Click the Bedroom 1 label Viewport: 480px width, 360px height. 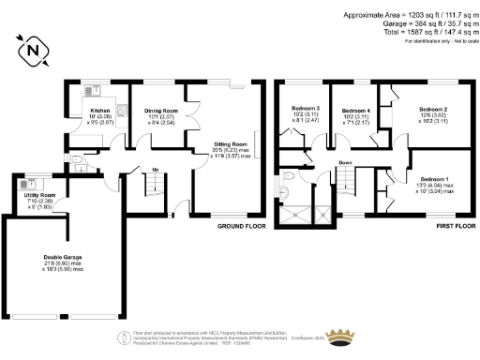tap(434, 179)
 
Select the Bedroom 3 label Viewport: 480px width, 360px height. tap(306, 110)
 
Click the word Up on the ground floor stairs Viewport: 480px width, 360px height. tap(155, 170)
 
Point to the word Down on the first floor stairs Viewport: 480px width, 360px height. tap(345, 161)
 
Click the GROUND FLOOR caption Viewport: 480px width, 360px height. tap(241, 226)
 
